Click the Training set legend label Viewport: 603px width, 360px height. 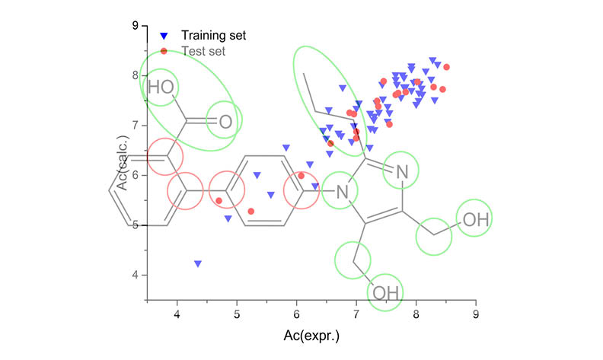(213, 35)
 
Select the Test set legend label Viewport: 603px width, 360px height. (203, 51)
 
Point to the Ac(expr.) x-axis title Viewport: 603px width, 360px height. (311, 335)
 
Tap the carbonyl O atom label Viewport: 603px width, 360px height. (225, 121)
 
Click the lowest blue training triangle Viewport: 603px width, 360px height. (198, 263)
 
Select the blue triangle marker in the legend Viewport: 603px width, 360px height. (164, 36)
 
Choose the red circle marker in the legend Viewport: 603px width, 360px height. (164, 51)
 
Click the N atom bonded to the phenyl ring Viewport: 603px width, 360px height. (342, 193)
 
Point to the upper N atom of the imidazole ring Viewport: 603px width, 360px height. (403, 174)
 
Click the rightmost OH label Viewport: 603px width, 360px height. (476, 220)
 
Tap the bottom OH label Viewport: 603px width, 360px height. (385, 292)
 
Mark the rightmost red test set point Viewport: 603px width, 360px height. (446, 67)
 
